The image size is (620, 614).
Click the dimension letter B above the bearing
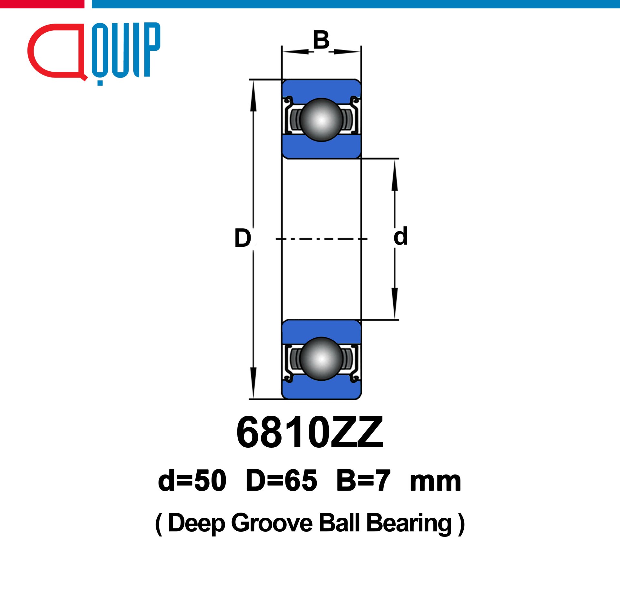[321, 40]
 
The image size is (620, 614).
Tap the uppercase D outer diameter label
[243, 238]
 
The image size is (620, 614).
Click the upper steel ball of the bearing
[321, 120]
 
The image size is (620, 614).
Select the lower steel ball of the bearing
[321, 359]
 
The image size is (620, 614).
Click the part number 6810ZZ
[310, 432]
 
